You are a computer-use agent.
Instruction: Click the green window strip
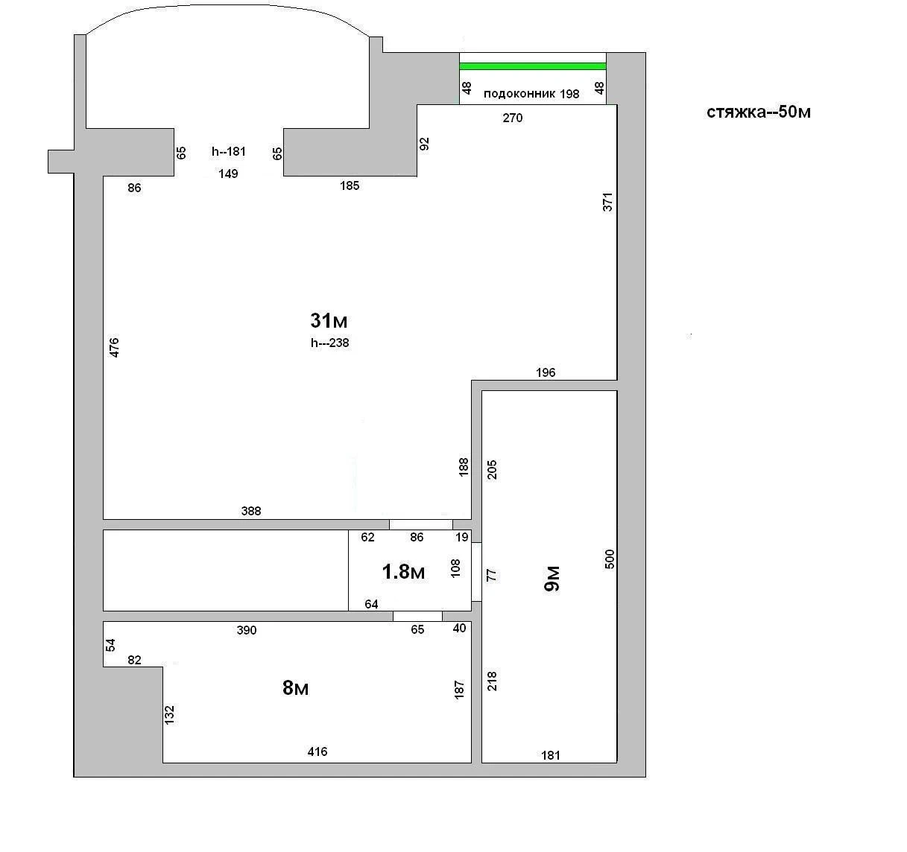(x=533, y=66)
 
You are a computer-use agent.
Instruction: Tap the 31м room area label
(x=329, y=320)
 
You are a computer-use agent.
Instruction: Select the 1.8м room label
(x=403, y=572)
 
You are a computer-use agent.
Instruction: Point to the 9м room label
(x=552, y=579)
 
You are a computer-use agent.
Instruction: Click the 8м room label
(x=295, y=687)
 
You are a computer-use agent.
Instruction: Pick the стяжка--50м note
(x=759, y=112)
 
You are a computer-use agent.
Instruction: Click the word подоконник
(x=519, y=94)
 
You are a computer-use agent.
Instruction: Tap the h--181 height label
(x=228, y=151)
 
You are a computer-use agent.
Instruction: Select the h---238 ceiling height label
(x=329, y=343)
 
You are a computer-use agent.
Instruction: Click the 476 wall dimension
(x=114, y=348)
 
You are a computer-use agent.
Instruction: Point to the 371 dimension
(x=607, y=202)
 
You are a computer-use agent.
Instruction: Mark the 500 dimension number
(x=610, y=559)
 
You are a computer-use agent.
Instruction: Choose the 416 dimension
(x=317, y=751)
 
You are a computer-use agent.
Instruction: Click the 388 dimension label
(x=251, y=511)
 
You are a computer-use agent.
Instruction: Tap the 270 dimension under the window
(x=513, y=118)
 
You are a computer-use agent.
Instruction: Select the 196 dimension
(x=546, y=372)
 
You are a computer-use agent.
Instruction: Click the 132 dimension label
(x=169, y=715)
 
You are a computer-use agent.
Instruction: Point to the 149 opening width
(x=228, y=174)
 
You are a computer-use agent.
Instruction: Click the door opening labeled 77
(x=476, y=572)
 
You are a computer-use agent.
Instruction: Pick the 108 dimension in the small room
(x=455, y=568)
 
